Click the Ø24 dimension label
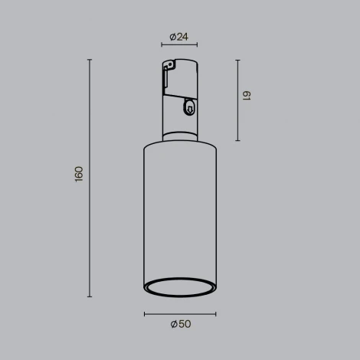(180, 36)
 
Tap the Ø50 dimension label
(180, 324)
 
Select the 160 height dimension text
(79, 174)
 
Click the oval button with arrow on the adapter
(188, 110)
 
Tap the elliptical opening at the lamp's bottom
(180, 287)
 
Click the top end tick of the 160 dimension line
(90, 60)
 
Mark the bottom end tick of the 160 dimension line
(90, 297)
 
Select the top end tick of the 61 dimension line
(237, 60)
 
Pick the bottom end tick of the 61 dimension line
(237, 141)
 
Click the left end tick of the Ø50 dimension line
(144, 313)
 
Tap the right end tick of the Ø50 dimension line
(216, 313)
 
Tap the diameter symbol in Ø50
(174, 324)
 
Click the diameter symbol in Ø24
(174, 36)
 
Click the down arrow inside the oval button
(188, 111)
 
